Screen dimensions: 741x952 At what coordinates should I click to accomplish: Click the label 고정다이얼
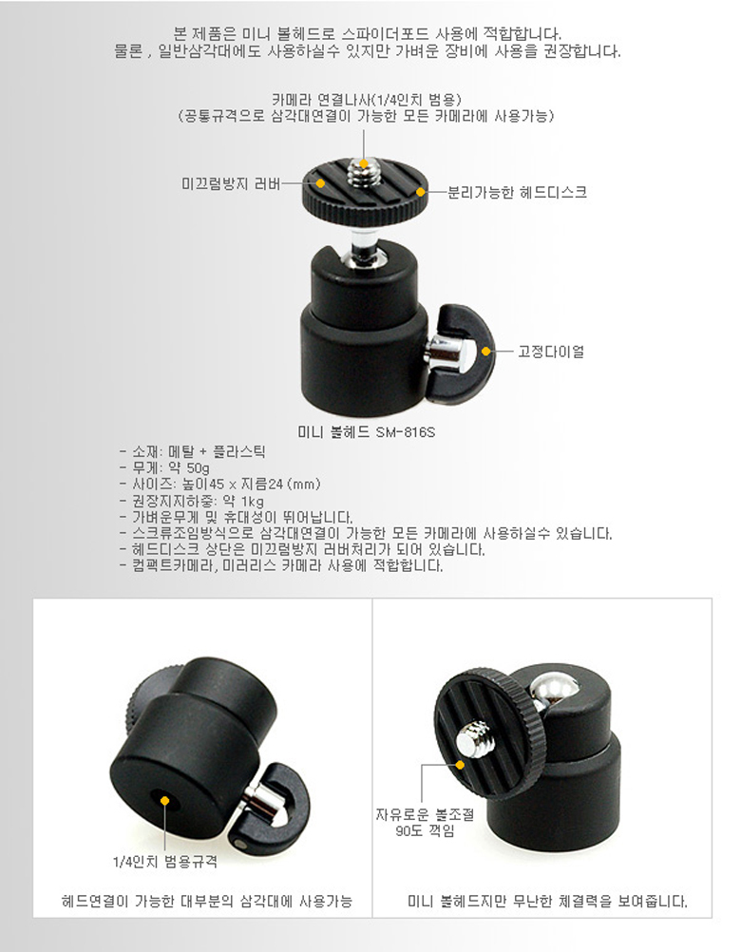pyautogui.click(x=550, y=352)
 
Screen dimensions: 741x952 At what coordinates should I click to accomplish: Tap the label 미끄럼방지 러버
pyautogui.click(x=231, y=182)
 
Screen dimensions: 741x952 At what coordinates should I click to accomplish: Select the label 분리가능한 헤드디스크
pyautogui.click(x=517, y=193)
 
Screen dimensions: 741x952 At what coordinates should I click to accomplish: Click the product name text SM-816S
pyautogui.click(x=406, y=432)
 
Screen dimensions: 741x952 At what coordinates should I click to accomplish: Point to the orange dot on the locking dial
pyautogui.click(x=485, y=351)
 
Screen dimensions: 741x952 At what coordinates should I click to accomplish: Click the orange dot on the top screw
pyautogui.click(x=364, y=163)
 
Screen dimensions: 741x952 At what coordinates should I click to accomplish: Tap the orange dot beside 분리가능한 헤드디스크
pyautogui.click(x=420, y=193)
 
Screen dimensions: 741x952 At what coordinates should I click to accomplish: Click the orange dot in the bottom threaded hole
pyautogui.click(x=164, y=801)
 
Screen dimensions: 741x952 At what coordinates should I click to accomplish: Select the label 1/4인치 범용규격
pyautogui.click(x=165, y=862)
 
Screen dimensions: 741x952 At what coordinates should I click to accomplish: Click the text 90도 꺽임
pyautogui.click(x=425, y=831)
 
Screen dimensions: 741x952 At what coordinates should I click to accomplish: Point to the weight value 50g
pyautogui.click(x=198, y=468)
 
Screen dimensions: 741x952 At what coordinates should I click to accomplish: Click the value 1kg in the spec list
pyautogui.click(x=252, y=501)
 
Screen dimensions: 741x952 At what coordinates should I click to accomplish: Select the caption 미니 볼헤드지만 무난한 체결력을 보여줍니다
pyautogui.click(x=547, y=901)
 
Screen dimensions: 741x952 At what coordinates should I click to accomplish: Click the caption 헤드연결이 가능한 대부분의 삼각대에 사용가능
pyautogui.click(x=206, y=901)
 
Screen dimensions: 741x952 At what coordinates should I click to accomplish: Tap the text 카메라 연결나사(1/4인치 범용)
pyautogui.click(x=367, y=100)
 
